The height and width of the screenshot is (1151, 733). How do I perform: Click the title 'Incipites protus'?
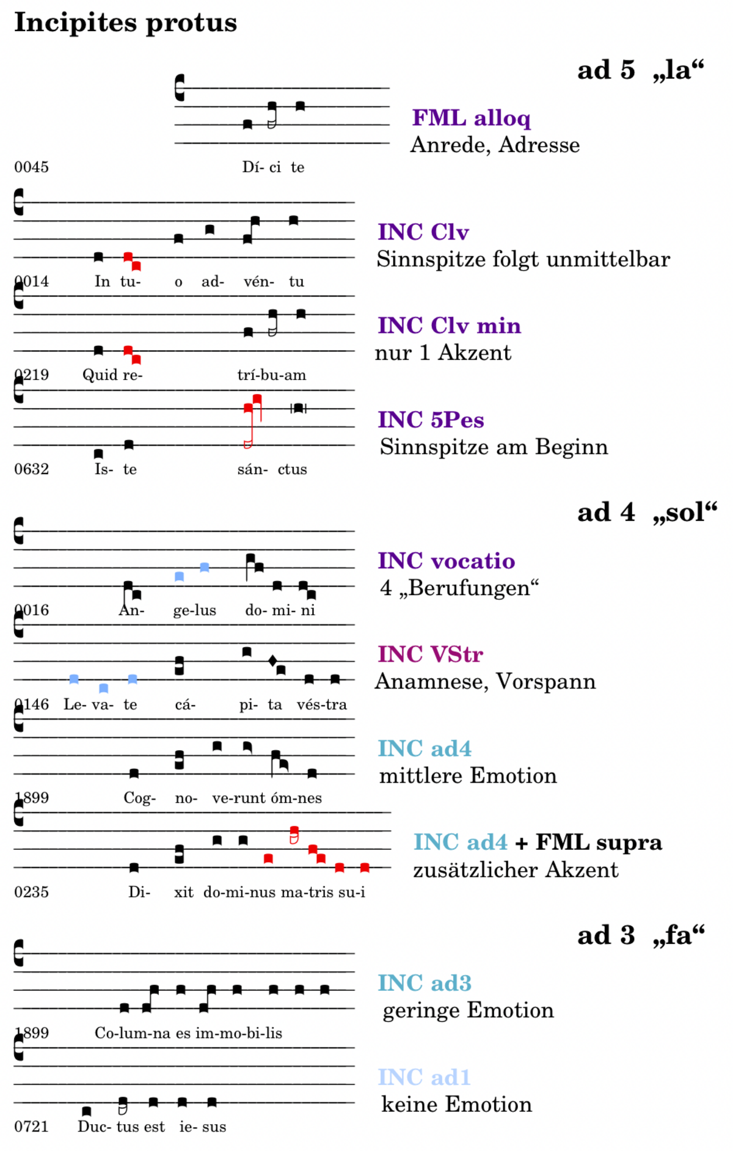[125, 23]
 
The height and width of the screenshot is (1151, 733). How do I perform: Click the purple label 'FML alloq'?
[471, 117]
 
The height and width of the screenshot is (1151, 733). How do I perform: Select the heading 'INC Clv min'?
[449, 326]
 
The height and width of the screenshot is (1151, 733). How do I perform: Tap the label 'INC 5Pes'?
[431, 420]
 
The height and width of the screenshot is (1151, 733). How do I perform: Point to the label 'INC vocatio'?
[446, 561]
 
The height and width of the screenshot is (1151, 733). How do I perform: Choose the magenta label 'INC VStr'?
[430, 654]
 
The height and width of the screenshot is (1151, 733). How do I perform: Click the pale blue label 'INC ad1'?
[424, 1077]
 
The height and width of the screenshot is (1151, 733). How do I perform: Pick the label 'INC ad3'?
[425, 983]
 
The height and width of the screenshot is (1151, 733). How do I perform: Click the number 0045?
[31, 167]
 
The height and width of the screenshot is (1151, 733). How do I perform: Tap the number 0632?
[31, 469]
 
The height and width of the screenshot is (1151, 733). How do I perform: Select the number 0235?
[31, 892]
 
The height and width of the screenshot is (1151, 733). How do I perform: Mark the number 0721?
[31, 1127]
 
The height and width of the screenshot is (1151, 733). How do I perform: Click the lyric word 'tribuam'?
[272, 375]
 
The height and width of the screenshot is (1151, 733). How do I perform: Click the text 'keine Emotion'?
[456, 1105]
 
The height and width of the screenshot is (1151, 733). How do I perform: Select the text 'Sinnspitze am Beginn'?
[494, 447]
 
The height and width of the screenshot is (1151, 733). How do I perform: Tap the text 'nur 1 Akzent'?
[443, 353]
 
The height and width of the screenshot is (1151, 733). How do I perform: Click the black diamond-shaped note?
[272, 660]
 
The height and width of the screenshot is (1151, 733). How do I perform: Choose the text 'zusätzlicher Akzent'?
[516, 870]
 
